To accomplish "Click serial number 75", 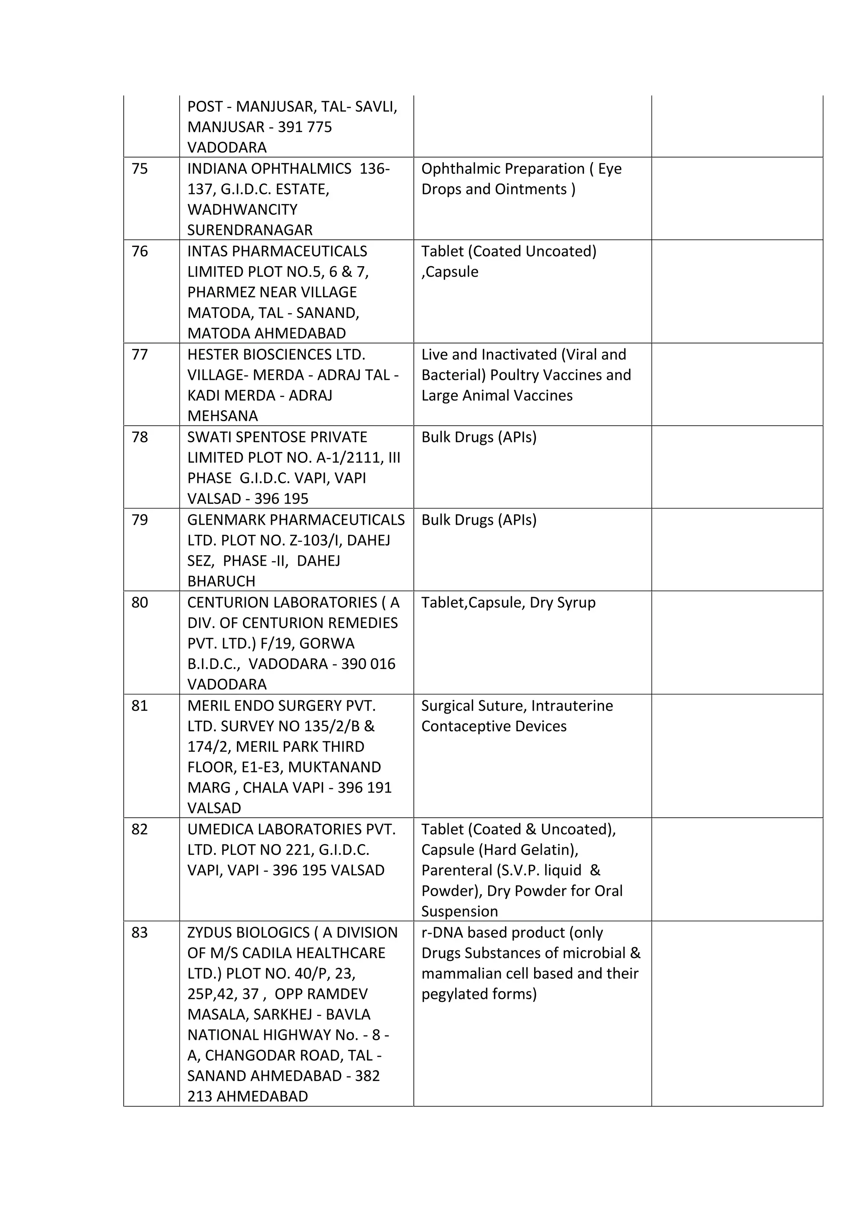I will tap(140, 169).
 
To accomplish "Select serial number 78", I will tap(140, 437).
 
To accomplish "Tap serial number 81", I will tap(140, 706).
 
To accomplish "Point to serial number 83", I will tap(140, 933).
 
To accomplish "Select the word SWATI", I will tap(208, 437).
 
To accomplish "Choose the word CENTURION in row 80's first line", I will tap(230, 602).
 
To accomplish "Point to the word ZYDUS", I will tap(209, 933).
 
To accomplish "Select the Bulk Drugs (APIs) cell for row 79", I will tap(479, 520).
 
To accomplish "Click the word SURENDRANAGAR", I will tap(250, 230).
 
